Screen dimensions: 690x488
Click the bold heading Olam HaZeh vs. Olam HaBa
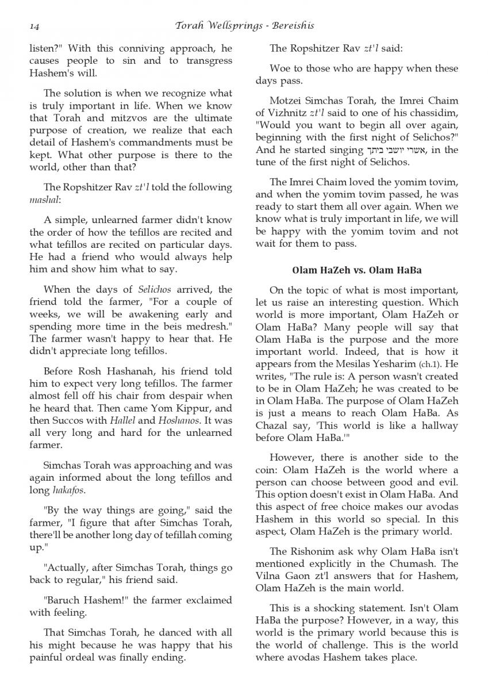[x=358, y=270]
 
